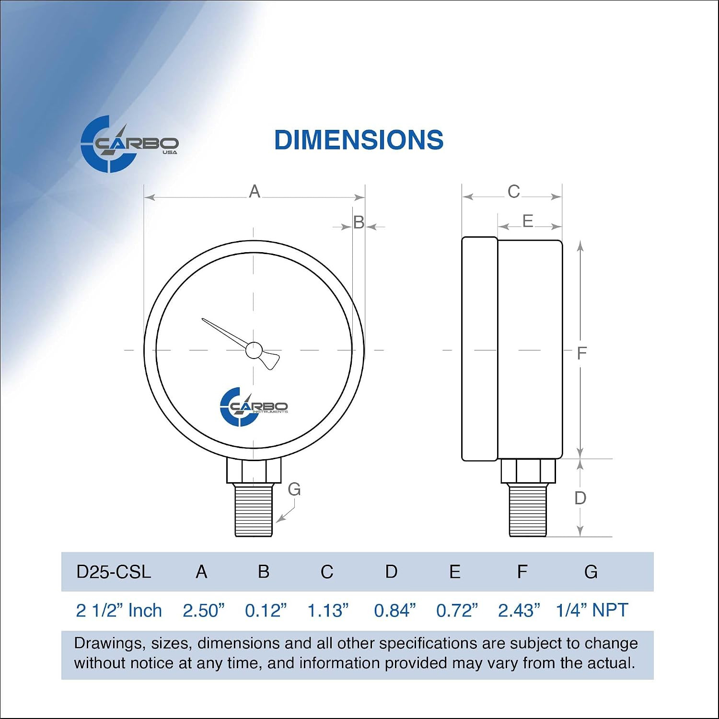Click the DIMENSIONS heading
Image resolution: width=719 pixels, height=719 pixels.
[x=359, y=140]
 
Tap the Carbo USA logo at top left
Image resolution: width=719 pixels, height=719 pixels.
[x=129, y=144]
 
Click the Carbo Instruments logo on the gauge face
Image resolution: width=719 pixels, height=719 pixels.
[x=254, y=407]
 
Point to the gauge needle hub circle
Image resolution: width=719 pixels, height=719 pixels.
[x=254, y=350]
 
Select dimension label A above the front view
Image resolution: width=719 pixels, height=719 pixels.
[x=255, y=192]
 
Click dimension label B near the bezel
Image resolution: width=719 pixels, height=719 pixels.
[x=359, y=222]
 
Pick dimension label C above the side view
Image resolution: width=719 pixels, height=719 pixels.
[x=514, y=192]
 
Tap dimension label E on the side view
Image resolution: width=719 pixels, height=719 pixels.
[x=528, y=221]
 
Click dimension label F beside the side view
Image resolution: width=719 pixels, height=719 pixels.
[x=582, y=353]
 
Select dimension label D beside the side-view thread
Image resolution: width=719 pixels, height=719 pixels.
[x=580, y=498]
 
